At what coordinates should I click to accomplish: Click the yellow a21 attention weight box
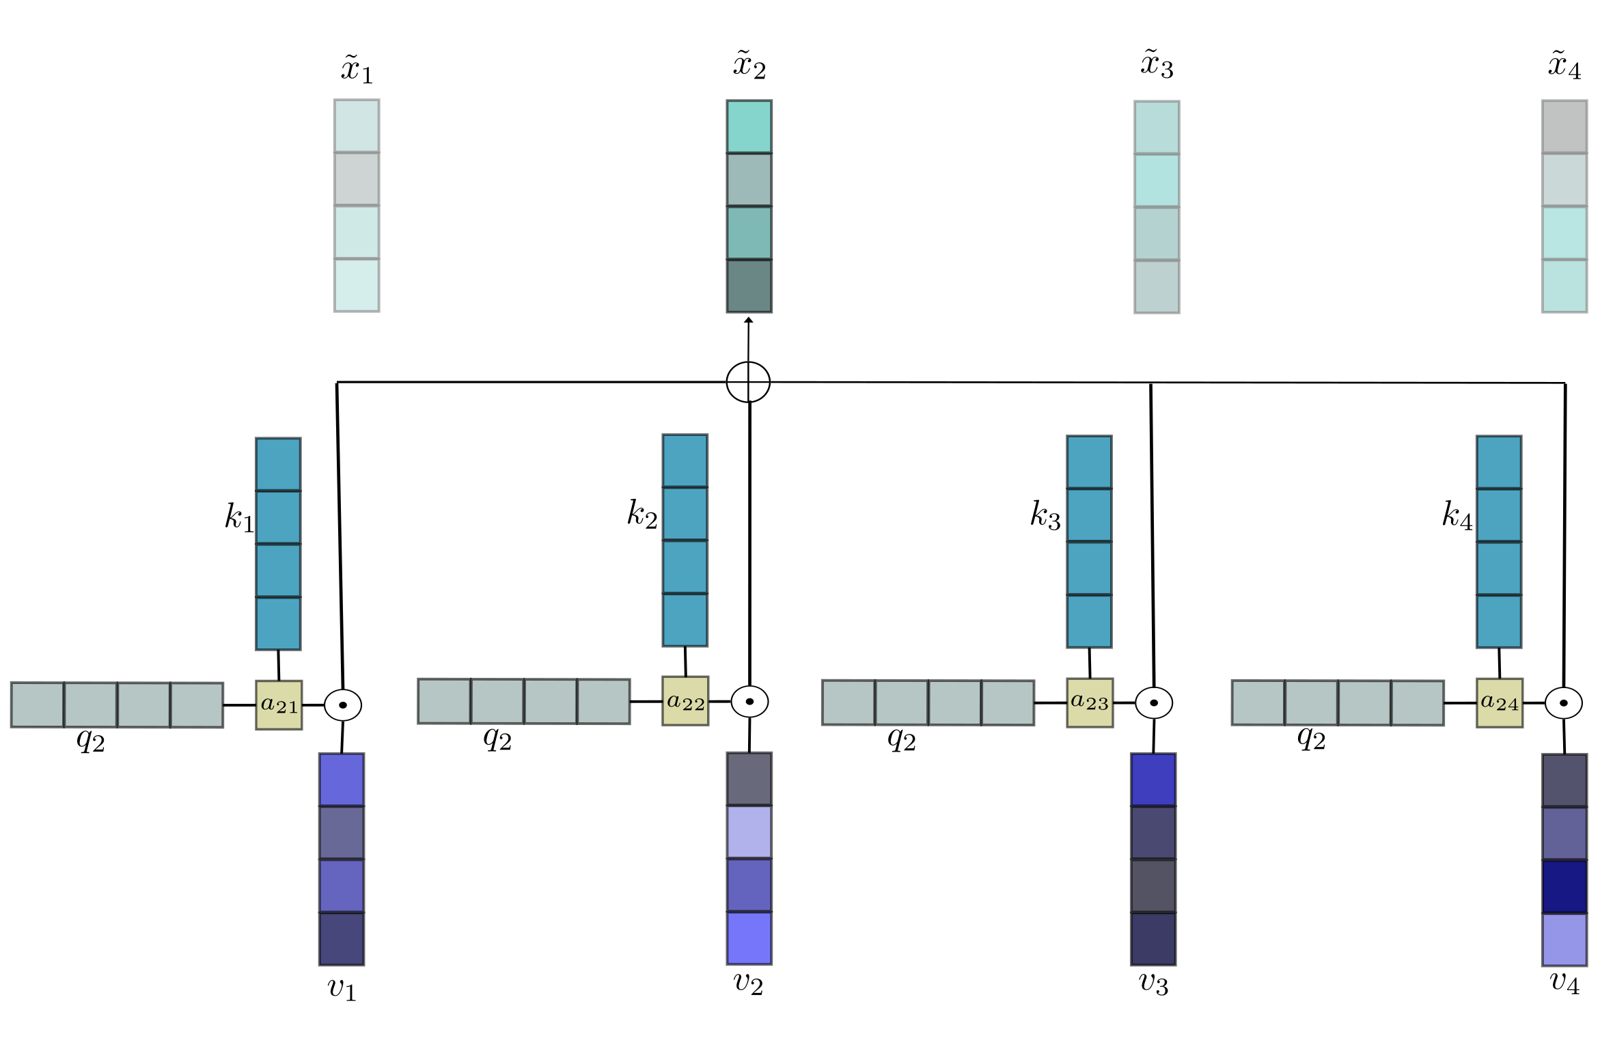(279, 705)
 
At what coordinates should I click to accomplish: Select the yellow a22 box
(685, 701)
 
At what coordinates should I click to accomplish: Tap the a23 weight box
(1090, 702)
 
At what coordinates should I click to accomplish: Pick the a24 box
(1500, 702)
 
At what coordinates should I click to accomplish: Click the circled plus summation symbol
(748, 382)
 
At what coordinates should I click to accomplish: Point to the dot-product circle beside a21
(343, 705)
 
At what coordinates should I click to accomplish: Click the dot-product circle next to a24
(1564, 702)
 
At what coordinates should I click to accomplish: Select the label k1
(238, 517)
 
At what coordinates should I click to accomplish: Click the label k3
(1045, 515)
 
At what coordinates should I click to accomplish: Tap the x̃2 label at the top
(749, 66)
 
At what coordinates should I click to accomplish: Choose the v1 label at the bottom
(342, 988)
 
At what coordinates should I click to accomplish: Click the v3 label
(1154, 983)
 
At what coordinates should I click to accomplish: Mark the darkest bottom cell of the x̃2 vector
(749, 286)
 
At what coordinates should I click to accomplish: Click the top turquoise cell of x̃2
(749, 127)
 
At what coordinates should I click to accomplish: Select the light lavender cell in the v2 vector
(749, 832)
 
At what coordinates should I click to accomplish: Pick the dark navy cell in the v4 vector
(1564, 886)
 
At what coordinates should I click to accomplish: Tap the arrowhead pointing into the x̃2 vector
(749, 320)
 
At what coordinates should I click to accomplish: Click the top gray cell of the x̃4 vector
(1564, 127)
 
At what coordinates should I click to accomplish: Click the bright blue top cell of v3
(1153, 780)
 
